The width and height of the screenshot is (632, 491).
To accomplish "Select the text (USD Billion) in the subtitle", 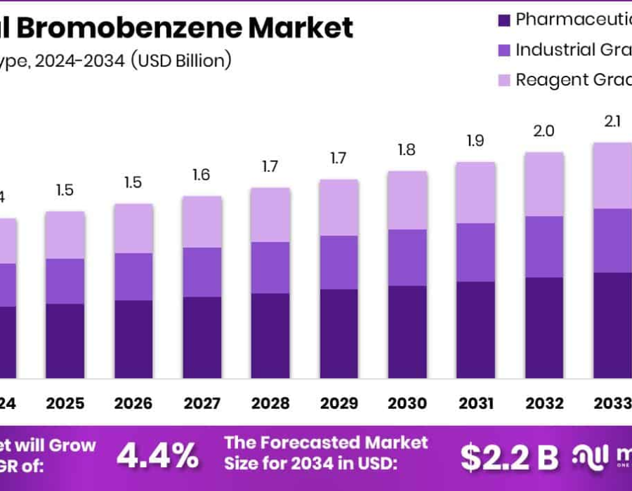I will tap(180, 61).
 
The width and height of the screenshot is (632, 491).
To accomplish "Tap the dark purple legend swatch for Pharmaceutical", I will tap(503, 20).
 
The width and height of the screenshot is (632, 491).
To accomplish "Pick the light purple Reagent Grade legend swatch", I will tap(503, 80).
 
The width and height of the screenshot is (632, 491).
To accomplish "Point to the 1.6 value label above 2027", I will tap(202, 175).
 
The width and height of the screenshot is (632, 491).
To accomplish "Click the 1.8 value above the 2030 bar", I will tap(407, 149).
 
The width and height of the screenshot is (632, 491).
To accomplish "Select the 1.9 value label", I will tap(475, 140).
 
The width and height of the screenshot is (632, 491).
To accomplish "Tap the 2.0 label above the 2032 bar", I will tap(544, 131).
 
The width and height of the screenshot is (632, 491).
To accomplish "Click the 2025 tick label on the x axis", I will tap(65, 403).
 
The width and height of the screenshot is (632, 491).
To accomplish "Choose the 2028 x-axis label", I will tap(270, 403).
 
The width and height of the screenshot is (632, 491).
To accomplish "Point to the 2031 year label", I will tap(475, 403).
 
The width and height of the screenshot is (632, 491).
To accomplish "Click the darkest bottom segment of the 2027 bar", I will tap(202, 337).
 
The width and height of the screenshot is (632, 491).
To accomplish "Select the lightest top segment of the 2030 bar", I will tap(407, 200).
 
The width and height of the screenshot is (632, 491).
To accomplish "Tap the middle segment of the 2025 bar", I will tap(65, 281).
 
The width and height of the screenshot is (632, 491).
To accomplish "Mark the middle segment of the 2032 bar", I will tap(544, 246).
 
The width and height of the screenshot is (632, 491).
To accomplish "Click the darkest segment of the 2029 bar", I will tap(339, 333).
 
